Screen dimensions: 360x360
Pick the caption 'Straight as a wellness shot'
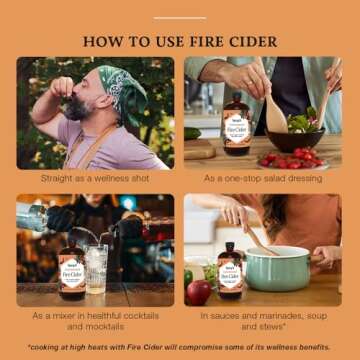[x=95, y=178]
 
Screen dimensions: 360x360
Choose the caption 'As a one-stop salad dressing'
[x=264, y=178]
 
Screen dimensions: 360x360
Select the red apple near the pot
[x=199, y=291]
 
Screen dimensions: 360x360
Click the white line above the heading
[x=180, y=17]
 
